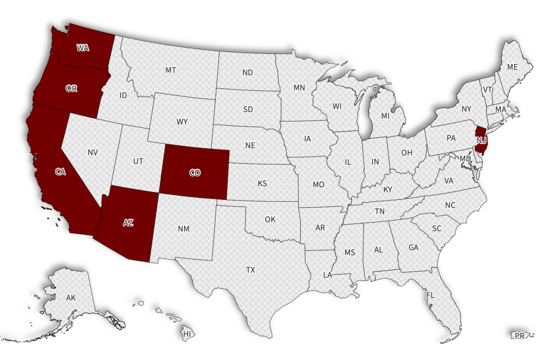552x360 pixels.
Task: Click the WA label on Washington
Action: click(83, 47)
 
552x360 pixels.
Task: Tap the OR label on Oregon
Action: click(71, 89)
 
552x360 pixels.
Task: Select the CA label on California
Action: click(60, 172)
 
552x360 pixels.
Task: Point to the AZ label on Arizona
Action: click(128, 223)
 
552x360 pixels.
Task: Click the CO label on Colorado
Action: click(195, 173)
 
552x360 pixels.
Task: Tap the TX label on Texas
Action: click(250, 270)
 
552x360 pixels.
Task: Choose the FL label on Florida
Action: click(431, 295)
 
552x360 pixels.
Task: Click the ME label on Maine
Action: click(512, 67)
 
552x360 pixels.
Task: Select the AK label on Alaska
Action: click(71, 298)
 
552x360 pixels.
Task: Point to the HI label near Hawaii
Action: click(187, 333)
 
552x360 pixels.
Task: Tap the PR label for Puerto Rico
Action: click(519, 336)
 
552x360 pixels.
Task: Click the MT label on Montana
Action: click(171, 70)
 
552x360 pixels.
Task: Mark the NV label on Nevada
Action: click(93, 152)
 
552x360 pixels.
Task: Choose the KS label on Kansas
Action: click(262, 183)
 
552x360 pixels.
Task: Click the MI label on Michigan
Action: click(385, 116)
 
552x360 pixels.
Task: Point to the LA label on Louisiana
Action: click(328, 275)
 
